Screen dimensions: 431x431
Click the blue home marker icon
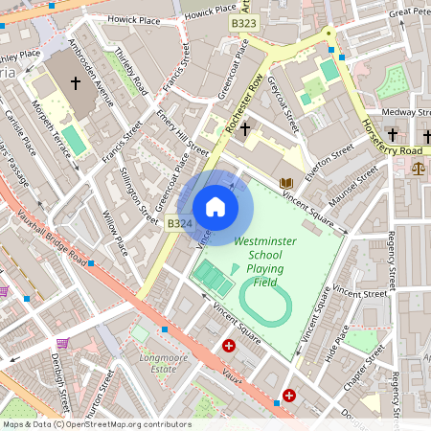pyautogui.click(x=215, y=207)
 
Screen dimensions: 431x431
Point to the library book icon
pyautogui.click(x=284, y=182)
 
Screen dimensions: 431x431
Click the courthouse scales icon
pyautogui.click(x=418, y=167)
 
